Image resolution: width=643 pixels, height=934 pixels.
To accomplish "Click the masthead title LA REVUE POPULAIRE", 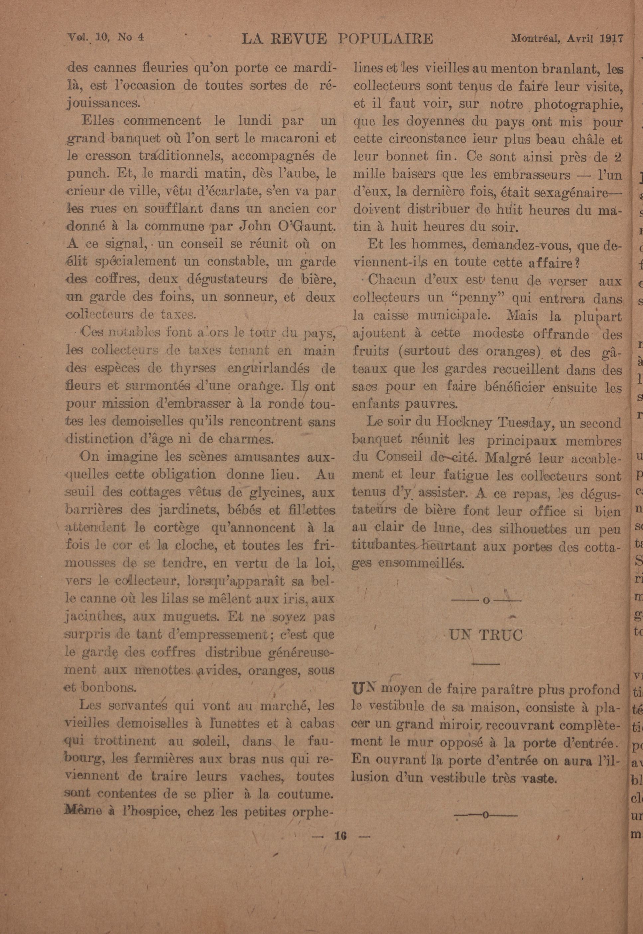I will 337,39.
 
